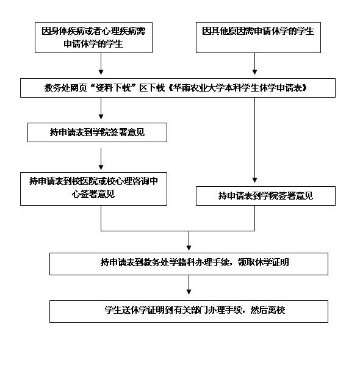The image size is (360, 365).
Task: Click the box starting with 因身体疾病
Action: click(x=93, y=37)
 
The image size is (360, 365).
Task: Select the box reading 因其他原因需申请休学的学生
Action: click(x=258, y=37)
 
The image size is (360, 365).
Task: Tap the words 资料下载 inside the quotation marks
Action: click(x=113, y=88)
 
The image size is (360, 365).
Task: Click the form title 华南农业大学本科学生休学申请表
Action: click(x=237, y=88)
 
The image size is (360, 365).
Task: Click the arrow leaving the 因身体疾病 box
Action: click(x=101, y=63)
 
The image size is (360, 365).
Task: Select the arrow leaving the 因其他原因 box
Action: click(x=255, y=63)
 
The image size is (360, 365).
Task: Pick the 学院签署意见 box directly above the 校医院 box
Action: click(x=97, y=132)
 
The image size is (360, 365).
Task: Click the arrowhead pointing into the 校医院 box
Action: click(x=101, y=167)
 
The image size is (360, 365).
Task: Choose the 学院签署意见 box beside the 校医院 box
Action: click(x=265, y=196)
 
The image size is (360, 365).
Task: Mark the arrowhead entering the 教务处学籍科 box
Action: click(x=189, y=248)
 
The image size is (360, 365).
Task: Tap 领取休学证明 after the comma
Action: click(x=263, y=262)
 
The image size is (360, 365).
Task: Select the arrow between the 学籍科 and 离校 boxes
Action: click(x=189, y=284)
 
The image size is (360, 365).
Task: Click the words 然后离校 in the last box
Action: click(x=268, y=310)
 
